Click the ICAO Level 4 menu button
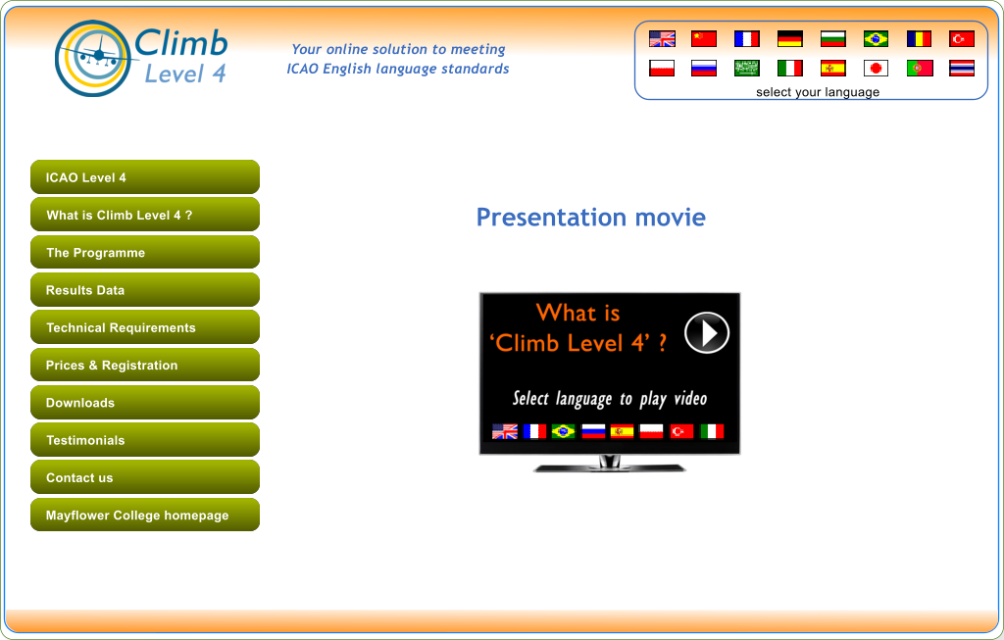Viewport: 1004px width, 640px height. click(x=145, y=177)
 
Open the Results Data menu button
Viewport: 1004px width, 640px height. click(x=145, y=290)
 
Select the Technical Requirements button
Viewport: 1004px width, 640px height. click(x=145, y=327)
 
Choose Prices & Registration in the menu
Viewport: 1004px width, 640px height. click(x=145, y=365)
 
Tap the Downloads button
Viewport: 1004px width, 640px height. click(x=145, y=403)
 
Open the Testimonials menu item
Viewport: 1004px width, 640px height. click(x=145, y=440)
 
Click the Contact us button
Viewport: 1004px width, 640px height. click(x=145, y=477)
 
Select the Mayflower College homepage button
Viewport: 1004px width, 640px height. click(x=145, y=515)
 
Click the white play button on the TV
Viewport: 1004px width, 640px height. click(x=707, y=333)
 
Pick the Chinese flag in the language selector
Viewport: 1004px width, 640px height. click(x=704, y=39)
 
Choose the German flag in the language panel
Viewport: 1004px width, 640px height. click(x=790, y=39)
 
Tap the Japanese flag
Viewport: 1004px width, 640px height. click(x=876, y=68)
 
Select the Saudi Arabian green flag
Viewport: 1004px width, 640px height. click(x=746, y=68)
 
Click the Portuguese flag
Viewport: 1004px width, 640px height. click(x=920, y=68)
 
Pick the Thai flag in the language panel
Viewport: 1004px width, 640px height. click(x=962, y=68)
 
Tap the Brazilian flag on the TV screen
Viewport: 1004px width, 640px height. click(x=564, y=431)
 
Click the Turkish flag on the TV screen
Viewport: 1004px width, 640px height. click(x=681, y=431)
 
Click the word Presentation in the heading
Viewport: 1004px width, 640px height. click(x=551, y=219)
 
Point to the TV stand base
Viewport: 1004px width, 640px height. click(x=610, y=467)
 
